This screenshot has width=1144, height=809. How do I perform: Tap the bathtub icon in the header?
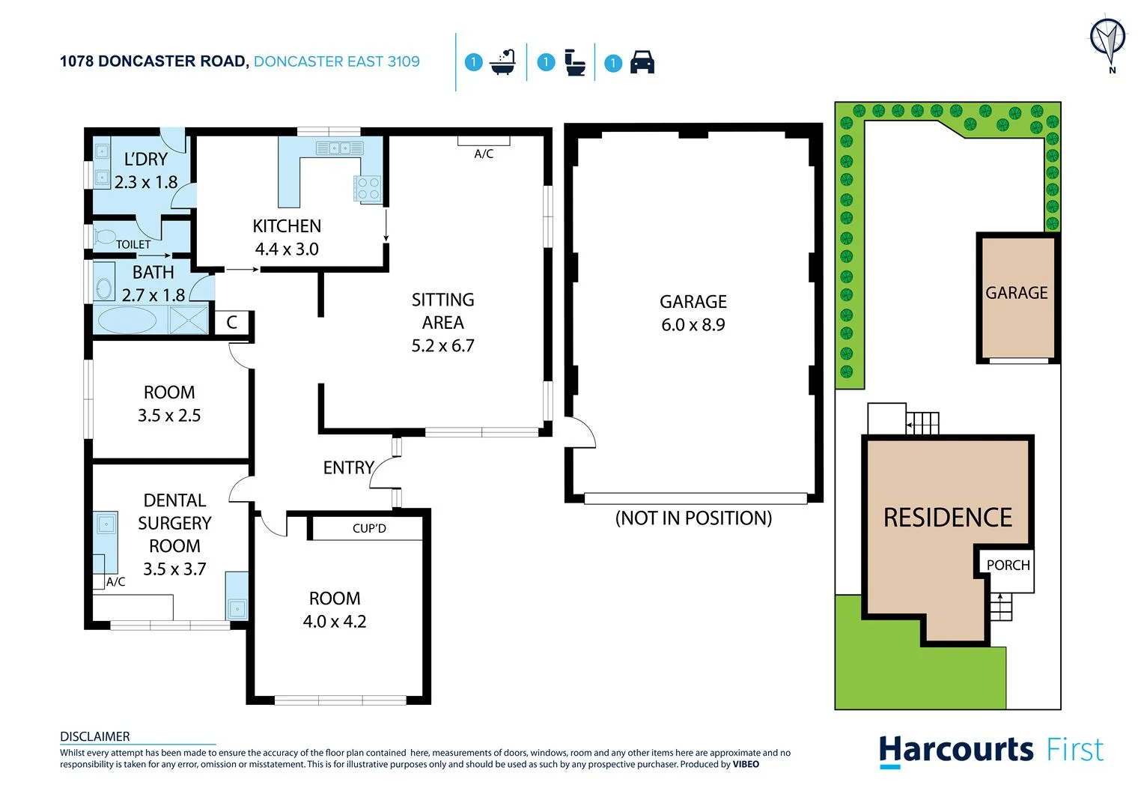coord(502,62)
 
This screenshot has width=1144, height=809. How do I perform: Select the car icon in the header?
coord(642,62)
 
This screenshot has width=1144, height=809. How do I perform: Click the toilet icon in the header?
coord(574,62)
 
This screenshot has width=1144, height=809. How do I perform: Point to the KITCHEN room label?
coord(287,225)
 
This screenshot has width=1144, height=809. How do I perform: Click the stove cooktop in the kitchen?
coord(368,188)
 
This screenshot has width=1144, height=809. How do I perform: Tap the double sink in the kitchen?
coord(339,148)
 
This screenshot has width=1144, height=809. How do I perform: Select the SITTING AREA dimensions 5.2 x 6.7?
coord(442,345)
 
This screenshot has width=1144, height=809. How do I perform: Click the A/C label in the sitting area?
coord(484,154)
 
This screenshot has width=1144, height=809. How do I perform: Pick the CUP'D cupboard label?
coord(369,528)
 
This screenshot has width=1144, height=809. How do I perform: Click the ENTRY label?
coord(348,467)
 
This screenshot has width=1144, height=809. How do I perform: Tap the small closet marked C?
coord(232,322)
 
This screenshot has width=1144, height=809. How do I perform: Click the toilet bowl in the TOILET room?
coord(104,237)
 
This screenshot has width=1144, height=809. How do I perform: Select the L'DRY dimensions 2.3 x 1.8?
coord(146,182)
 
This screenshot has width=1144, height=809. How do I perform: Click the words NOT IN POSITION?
coord(693,518)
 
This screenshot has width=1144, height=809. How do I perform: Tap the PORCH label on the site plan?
coord(1008,565)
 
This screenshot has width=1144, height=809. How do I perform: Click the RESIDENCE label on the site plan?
coord(947,517)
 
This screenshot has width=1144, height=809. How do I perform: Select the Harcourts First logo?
coord(991,751)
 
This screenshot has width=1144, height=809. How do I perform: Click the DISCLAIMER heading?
coord(95,736)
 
